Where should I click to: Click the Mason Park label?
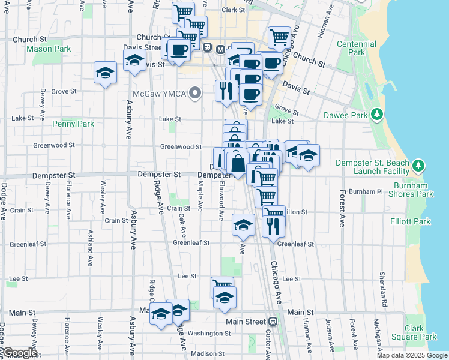[x=49, y=49]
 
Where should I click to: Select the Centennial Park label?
[x=357, y=48]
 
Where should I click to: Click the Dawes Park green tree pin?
[x=377, y=114]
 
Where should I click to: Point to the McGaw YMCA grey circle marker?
[x=194, y=93]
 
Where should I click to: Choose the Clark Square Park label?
[x=420, y=332]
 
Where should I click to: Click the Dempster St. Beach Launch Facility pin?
[x=419, y=164]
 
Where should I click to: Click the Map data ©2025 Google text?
[x=411, y=355]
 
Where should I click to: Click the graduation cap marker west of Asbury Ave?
[x=106, y=73]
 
